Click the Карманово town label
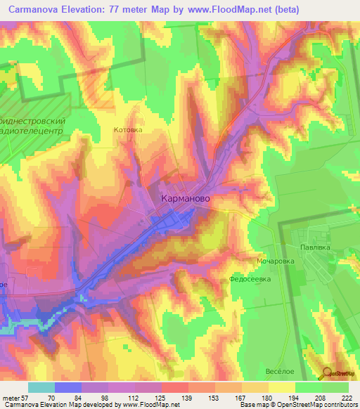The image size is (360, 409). pyautogui.click(x=185, y=199)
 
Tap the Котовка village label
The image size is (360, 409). pyautogui.click(x=128, y=130)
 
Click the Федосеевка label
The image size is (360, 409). pyautogui.click(x=250, y=279)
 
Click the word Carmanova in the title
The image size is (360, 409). pyautogui.click(x=35, y=10)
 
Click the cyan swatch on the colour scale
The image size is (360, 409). pyautogui.click(x=41, y=387)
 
